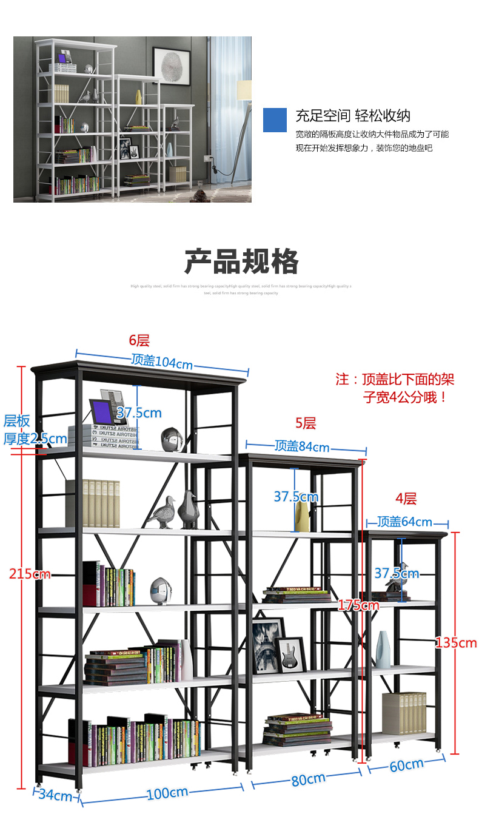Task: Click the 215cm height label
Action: [30, 573]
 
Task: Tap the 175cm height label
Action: [359, 605]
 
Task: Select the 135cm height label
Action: [456, 643]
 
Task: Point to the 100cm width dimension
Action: [166, 793]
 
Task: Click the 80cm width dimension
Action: [308, 779]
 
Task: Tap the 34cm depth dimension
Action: [55, 795]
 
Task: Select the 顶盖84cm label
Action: [302, 447]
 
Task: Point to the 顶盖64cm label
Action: [405, 522]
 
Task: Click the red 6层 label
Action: [139, 341]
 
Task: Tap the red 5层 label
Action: [306, 423]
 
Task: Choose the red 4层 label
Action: [406, 499]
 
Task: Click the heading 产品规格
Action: [241, 262]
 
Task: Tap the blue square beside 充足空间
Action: [275, 120]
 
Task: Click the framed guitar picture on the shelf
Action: [290, 654]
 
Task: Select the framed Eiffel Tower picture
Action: [267, 644]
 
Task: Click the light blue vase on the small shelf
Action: [383, 649]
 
